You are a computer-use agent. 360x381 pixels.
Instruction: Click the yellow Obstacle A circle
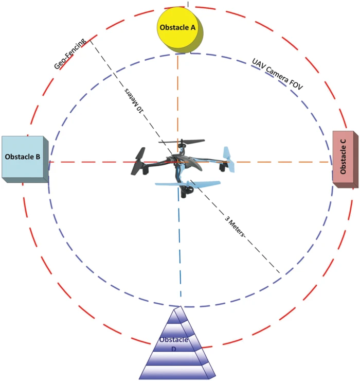tap(179, 30)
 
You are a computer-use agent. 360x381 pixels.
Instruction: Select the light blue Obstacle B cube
tap(25, 159)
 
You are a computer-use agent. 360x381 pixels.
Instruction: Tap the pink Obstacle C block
tap(345, 159)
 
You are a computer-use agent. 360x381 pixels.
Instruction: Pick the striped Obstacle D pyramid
tap(177, 343)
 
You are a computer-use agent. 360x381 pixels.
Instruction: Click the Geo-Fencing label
tap(69, 54)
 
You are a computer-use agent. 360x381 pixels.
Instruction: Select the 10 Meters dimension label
tap(134, 100)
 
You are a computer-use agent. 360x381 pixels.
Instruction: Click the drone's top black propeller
tap(182, 142)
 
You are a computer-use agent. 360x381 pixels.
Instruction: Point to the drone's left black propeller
tap(138, 161)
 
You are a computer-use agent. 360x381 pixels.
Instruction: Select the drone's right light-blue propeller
tap(229, 160)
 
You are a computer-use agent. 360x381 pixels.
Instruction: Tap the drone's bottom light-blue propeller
tap(188, 184)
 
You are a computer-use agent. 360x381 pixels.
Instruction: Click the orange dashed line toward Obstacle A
tap(178, 102)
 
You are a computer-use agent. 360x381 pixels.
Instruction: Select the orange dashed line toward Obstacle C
tap(282, 162)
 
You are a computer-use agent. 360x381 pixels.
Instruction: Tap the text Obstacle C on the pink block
tap(343, 156)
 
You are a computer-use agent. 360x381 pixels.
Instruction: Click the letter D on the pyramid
tap(174, 349)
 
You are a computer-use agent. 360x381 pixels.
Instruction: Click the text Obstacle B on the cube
tap(23, 157)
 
